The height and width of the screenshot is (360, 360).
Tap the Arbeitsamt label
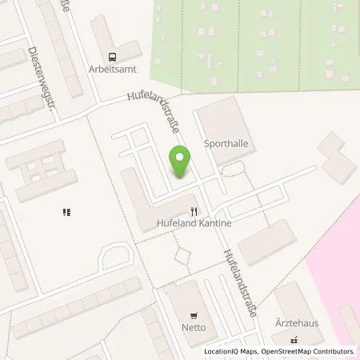coord(110,69)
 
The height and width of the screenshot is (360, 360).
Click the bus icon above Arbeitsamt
coord(111,56)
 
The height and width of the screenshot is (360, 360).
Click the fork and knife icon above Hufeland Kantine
coord(193,212)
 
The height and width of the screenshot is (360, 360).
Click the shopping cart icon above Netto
coord(192,315)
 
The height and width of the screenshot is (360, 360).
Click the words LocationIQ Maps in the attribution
coord(232,351)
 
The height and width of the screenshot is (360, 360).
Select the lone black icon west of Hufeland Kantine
coord(66,212)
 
